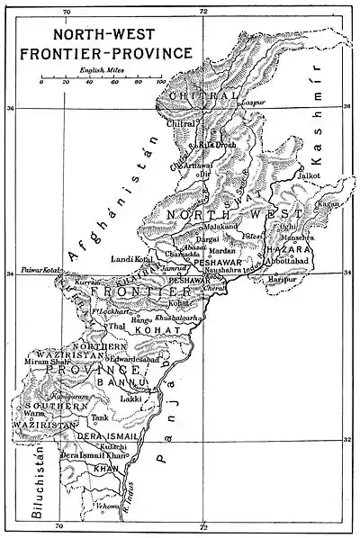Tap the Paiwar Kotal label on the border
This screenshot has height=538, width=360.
pyautogui.click(x=32, y=267)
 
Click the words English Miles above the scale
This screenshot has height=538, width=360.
pyautogui.click(x=101, y=68)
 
